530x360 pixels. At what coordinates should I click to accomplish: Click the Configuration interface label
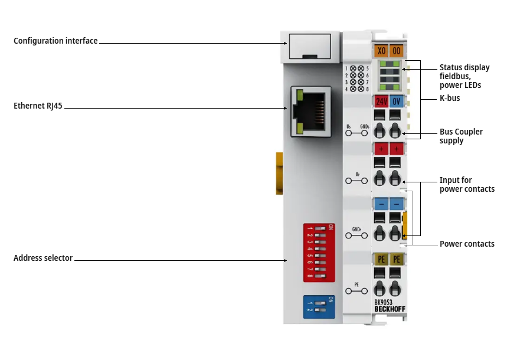point(55,41)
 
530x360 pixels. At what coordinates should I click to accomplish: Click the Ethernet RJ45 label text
point(38,106)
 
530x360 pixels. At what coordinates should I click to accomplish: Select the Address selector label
point(43,258)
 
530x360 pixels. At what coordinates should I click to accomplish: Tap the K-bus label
point(450,98)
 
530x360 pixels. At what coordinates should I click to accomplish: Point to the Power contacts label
point(467,244)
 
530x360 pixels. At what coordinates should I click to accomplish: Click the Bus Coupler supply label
point(461,136)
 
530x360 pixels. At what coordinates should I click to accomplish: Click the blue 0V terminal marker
point(396,101)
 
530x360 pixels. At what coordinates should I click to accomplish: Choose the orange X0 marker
point(381,51)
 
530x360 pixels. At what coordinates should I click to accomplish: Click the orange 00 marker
point(396,51)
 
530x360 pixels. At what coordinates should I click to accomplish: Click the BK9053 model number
point(384,302)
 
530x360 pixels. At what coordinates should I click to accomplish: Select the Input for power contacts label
point(467,184)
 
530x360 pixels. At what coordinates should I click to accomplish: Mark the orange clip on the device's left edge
point(279,173)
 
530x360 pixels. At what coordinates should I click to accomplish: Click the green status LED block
point(389,74)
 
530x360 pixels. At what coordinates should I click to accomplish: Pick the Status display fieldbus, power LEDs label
point(464,76)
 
